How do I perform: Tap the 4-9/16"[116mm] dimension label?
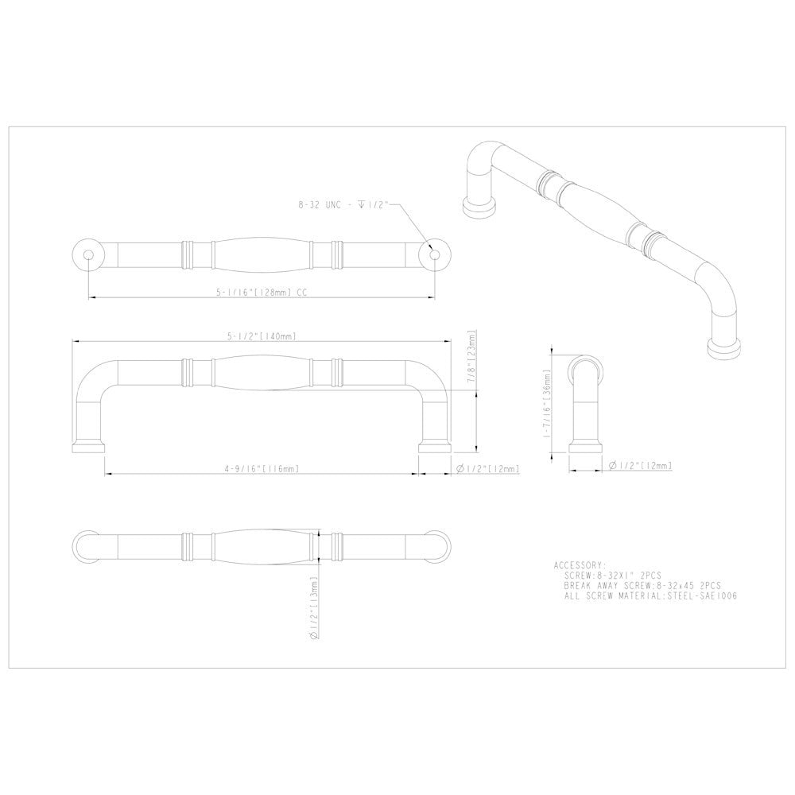262,470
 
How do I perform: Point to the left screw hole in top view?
89,254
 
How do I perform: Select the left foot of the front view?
88,445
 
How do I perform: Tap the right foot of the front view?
434,445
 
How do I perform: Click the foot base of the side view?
586,446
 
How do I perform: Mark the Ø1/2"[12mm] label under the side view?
644,466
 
